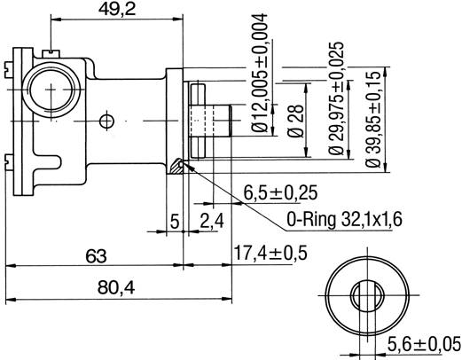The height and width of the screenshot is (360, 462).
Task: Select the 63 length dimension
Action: click(97, 256)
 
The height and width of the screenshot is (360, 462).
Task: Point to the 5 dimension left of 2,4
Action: click(175, 219)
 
